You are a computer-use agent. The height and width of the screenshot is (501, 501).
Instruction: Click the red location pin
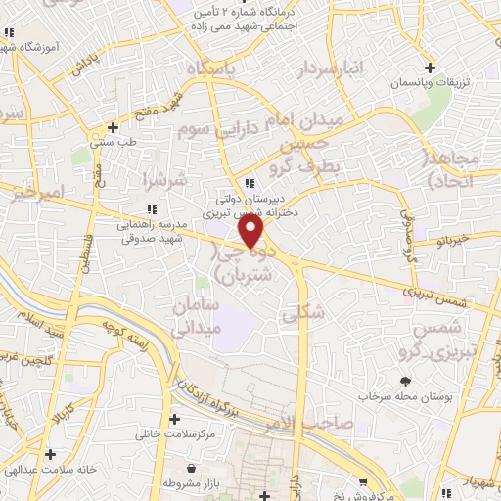[x=252, y=230]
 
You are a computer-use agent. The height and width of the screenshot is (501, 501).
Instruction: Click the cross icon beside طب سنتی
[x=114, y=127]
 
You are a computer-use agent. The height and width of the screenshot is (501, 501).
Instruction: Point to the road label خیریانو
[x=456, y=238]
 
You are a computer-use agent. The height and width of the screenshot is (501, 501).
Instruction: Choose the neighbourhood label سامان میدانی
[x=192, y=319]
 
